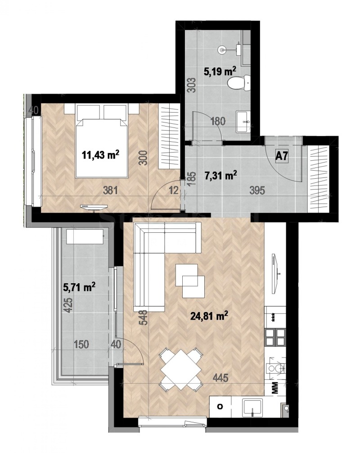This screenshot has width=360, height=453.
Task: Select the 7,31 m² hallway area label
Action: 220,175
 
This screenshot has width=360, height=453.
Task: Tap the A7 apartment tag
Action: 282,157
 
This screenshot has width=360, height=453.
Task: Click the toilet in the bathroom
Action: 236,82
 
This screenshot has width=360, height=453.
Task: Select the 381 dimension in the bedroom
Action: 111,190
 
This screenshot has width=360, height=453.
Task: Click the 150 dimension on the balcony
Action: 82,344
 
